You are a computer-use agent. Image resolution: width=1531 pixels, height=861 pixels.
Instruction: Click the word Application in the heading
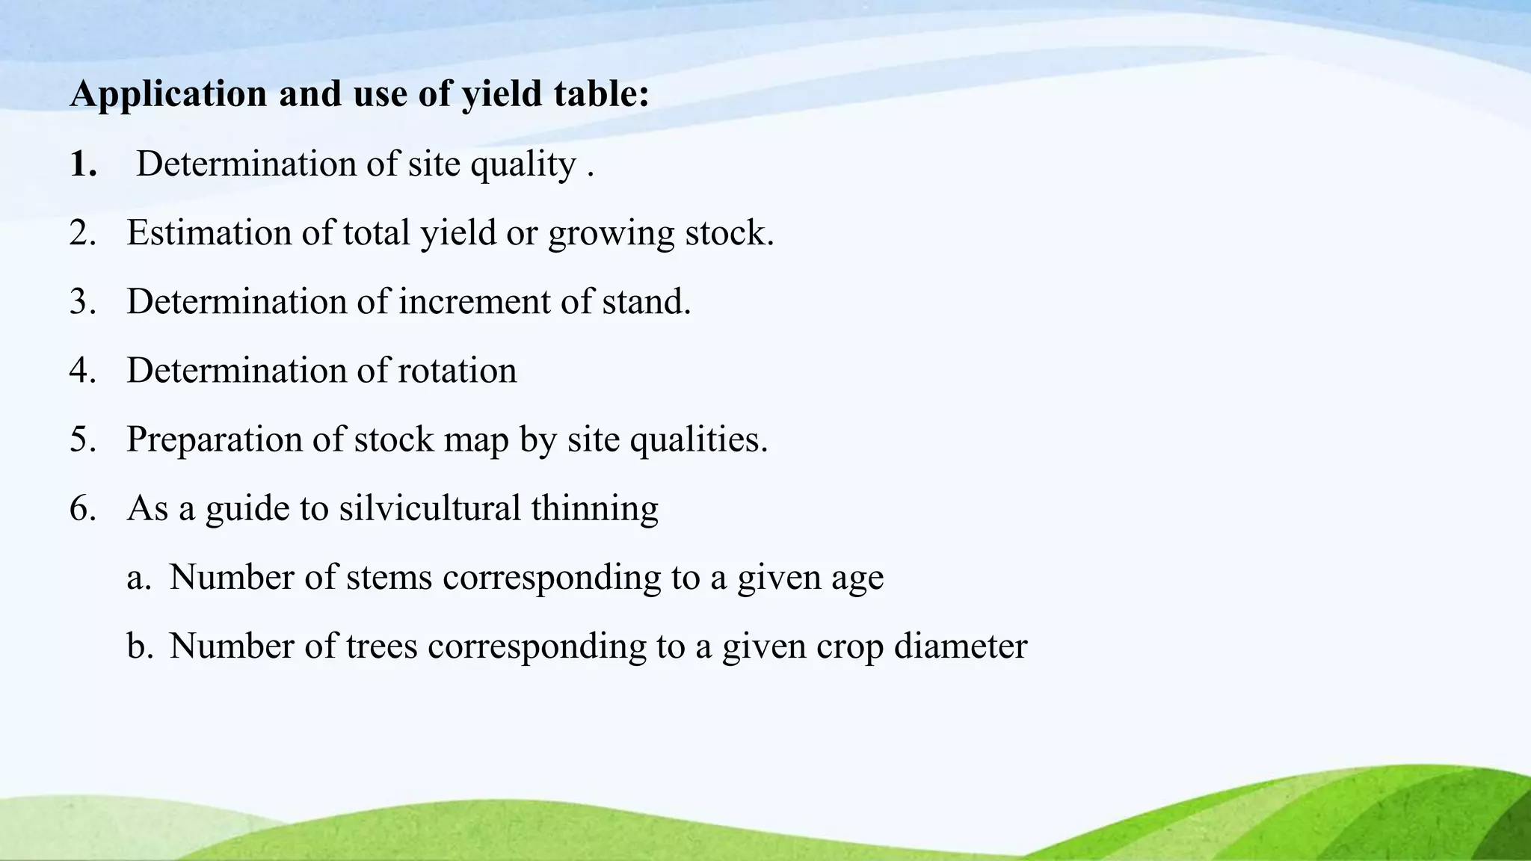pos(168,94)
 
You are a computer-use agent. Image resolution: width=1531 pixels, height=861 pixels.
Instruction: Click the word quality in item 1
pos(523,164)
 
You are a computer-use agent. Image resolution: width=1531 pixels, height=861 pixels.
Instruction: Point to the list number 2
pos(82,232)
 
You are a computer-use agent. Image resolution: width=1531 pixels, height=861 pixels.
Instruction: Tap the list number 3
pos(82,301)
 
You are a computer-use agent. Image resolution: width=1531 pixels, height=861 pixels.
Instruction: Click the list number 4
pos(82,370)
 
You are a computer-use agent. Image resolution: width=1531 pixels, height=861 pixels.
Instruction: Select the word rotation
pos(457,370)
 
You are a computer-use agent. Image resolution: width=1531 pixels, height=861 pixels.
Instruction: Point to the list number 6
pos(82,508)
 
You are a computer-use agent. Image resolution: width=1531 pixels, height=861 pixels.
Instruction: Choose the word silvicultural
pos(430,508)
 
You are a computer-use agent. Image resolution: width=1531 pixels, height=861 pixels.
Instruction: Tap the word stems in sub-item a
pos(389,577)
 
